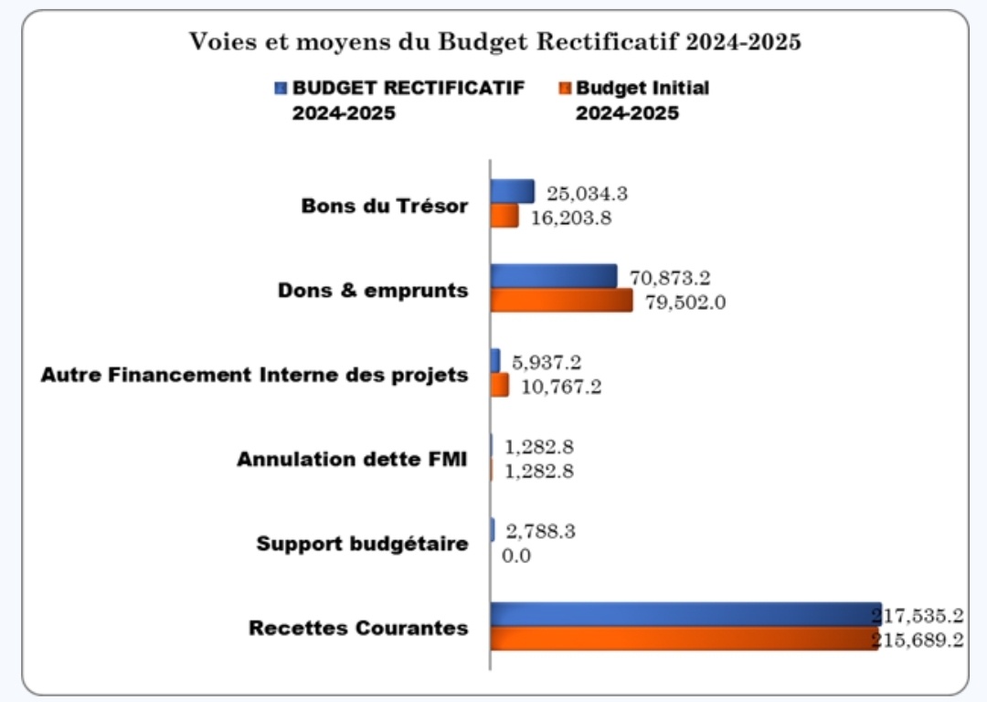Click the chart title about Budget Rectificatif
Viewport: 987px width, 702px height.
(494, 42)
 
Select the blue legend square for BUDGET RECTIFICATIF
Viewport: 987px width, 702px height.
(281, 89)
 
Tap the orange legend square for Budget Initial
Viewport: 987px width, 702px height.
(564, 89)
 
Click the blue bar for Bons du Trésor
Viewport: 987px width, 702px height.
(512, 191)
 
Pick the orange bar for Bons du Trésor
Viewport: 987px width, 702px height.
(504, 217)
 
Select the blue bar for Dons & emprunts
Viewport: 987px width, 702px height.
(554, 276)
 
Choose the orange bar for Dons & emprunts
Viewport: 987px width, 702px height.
(561, 301)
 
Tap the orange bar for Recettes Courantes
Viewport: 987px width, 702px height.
(684, 639)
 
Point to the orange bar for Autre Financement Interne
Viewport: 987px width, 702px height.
(499, 386)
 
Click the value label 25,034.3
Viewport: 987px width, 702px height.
(587, 194)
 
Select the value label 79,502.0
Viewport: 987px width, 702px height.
(685, 303)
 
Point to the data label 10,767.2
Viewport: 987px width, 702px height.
(561, 388)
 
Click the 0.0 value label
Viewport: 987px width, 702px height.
(516, 556)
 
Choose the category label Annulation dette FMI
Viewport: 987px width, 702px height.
(352, 460)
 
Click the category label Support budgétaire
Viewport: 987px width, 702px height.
(362, 545)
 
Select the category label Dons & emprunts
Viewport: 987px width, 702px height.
(373, 291)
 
